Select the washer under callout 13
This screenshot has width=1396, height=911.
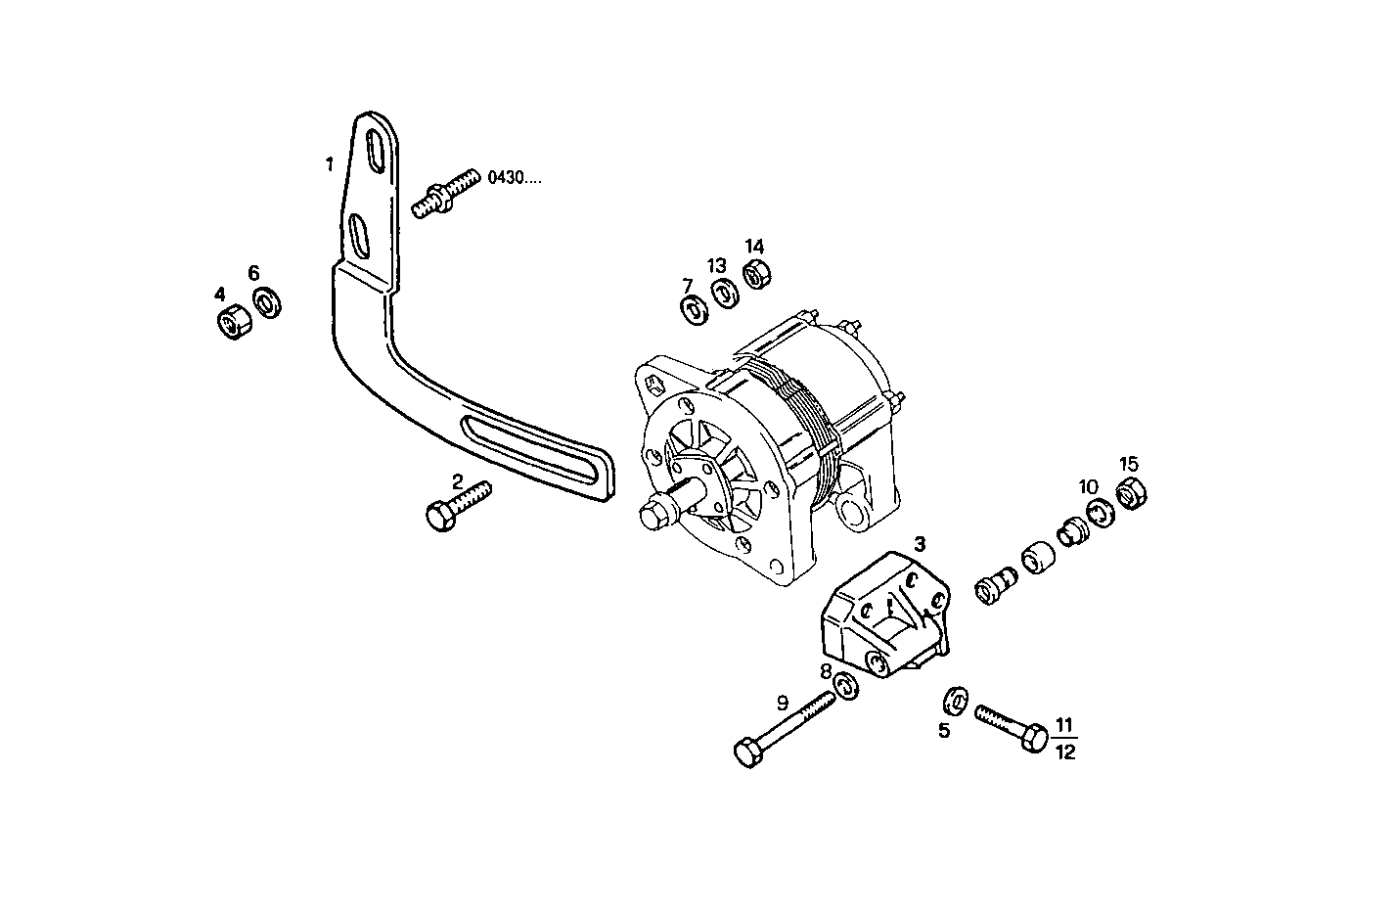(x=724, y=294)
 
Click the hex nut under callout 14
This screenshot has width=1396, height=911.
(x=755, y=274)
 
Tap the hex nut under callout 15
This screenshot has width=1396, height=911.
(x=1131, y=494)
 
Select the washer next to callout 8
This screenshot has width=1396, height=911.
(x=846, y=686)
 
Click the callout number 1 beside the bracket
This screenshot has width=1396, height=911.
(x=330, y=164)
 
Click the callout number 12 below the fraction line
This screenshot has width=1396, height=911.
(x=1064, y=752)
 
